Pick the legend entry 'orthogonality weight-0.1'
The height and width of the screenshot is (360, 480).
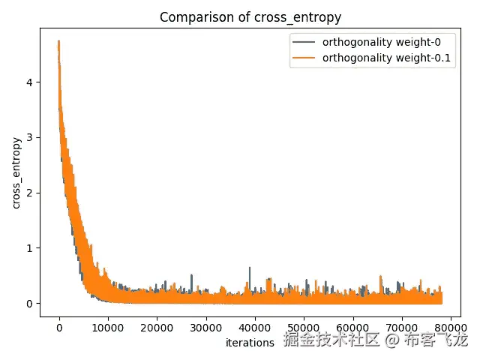coord(387,57)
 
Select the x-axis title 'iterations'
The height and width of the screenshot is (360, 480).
coord(250,343)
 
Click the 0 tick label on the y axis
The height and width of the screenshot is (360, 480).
coord(29,303)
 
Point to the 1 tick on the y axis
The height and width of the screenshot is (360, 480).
coord(29,248)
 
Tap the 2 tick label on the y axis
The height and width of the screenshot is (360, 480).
coord(29,193)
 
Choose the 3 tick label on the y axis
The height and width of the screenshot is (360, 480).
coord(29,137)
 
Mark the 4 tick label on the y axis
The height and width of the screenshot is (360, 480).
coord(29,82)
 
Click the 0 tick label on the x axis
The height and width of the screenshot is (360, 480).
coord(59,328)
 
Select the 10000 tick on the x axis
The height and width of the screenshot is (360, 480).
coord(108,328)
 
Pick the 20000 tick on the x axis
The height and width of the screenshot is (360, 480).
coord(157,328)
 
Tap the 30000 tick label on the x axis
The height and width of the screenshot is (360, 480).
coord(205,328)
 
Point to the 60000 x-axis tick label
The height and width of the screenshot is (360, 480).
coord(352,328)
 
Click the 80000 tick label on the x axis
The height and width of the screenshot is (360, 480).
coord(450,328)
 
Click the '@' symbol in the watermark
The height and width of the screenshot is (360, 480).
coord(391,341)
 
